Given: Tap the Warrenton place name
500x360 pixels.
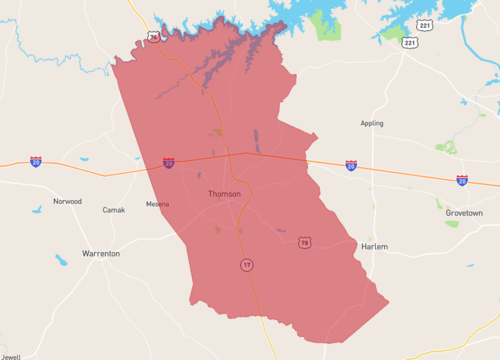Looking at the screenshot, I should [101, 254].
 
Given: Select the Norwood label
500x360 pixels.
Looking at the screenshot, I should [68, 201].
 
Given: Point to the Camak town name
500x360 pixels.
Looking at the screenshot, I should [114, 210].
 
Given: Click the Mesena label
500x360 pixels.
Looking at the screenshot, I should [157, 204].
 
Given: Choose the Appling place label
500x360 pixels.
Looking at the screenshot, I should [372, 124].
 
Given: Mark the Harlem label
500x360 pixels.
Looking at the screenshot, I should [374, 246].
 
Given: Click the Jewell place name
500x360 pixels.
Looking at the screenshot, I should [10, 355].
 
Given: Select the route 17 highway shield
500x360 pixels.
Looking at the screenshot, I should [246, 264].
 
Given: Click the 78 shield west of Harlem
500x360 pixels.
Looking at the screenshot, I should [304, 242].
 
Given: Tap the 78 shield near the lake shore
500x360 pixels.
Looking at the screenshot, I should [153, 36].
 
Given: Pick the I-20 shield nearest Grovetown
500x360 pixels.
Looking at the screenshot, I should [462, 180].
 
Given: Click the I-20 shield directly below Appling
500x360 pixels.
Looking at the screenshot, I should [351, 164].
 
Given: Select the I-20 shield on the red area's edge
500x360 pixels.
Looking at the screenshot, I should [169, 162].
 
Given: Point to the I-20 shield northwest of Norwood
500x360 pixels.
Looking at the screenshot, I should [36, 160].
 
